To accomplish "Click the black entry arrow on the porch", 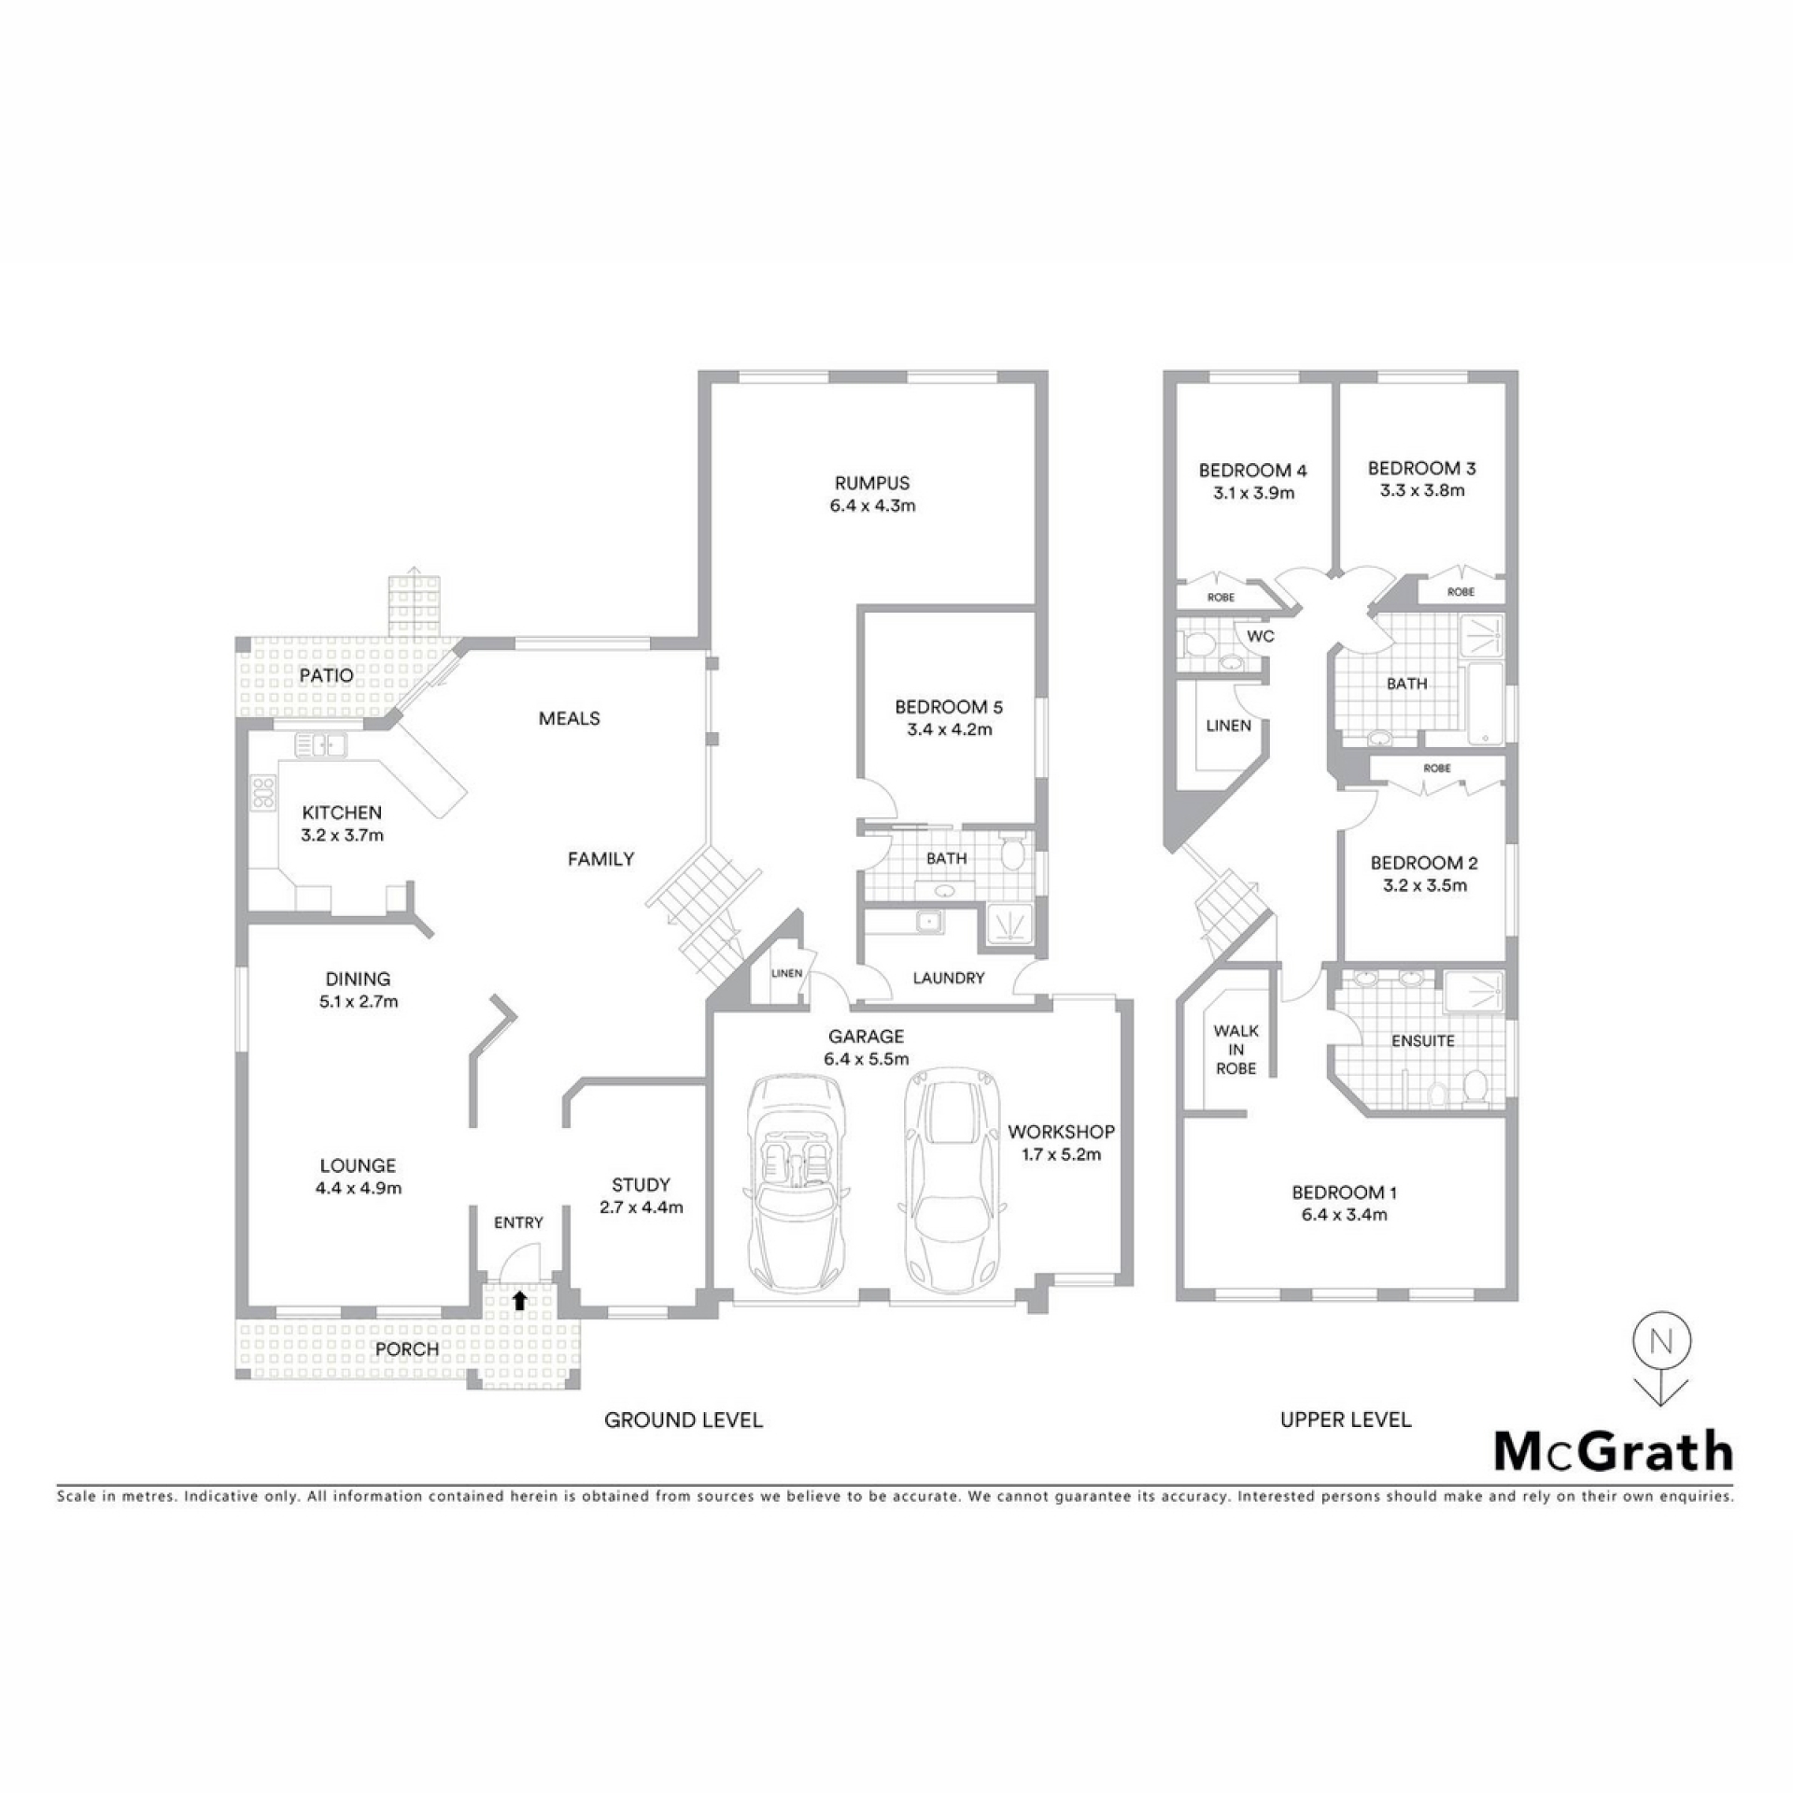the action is [519, 1300].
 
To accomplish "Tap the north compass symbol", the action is [1660, 1372].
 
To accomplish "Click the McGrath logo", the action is [1614, 1453].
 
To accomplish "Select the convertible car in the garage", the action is [798, 1180].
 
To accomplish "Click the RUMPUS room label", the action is [871, 483].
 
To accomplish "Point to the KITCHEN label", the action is [342, 812].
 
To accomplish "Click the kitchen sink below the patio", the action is [320, 744].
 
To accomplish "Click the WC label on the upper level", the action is [1261, 636].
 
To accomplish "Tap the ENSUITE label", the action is [1423, 1040].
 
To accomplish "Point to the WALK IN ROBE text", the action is [1235, 1050].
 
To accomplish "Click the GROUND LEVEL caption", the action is [684, 1420].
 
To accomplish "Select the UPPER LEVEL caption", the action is [1346, 1419].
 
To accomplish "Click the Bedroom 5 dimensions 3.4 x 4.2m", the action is [949, 729].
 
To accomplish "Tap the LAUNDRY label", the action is [949, 978].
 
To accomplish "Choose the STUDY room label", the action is [641, 1184].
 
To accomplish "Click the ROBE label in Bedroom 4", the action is [1221, 597].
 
